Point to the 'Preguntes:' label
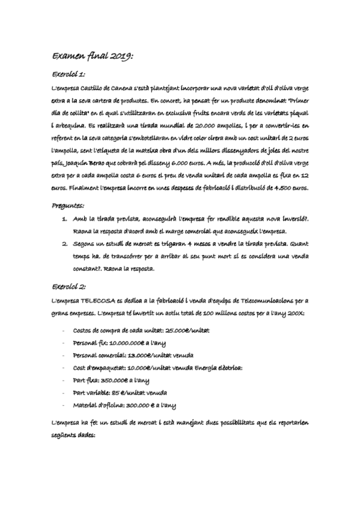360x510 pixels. point(69,206)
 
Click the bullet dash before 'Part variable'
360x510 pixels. point(64,392)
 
